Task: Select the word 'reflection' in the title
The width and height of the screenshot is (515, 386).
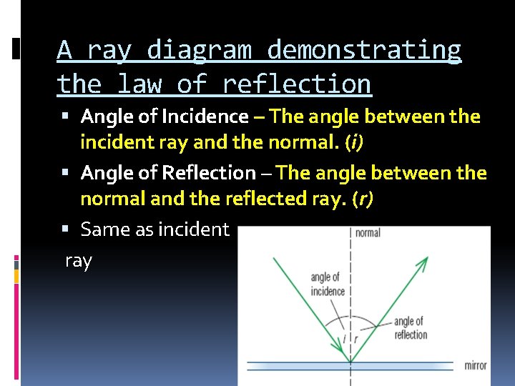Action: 297,84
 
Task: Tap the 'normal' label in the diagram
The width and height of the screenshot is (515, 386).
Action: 366,233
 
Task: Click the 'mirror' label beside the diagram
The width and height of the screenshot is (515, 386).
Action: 475,365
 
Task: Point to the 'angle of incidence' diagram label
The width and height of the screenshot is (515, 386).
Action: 328,284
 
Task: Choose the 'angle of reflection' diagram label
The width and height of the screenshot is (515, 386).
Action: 411,328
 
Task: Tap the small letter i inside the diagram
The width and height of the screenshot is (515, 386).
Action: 344,338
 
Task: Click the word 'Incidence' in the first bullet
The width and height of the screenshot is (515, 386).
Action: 205,116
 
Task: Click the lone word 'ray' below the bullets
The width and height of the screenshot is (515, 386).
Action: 78,261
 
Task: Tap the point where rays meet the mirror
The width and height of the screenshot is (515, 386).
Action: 350,362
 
